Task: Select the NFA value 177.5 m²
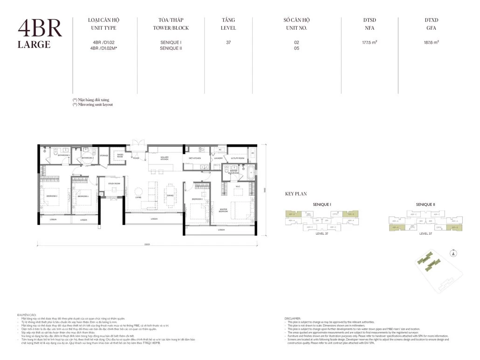coord(370,42)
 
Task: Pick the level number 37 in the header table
coord(228,42)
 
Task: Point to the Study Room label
coord(114,184)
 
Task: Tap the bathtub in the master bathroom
coord(251,172)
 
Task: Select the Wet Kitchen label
coord(195,158)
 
